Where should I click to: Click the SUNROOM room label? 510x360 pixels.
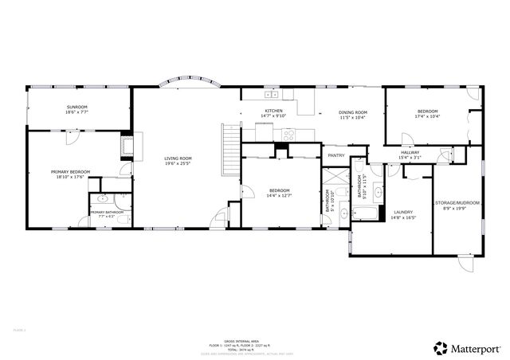click(x=76, y=106)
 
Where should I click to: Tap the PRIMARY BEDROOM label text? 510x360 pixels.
click(x=70, y=171)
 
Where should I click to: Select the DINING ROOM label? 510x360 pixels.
click(x=352, y=112)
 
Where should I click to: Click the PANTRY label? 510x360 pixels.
click(x=335, y=155)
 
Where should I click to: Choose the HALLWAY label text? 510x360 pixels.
click(x=410, y=152)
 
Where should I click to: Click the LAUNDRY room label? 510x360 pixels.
click(x=402, y=212)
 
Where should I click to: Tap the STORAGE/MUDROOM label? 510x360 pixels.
click(x=457, y=202)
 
